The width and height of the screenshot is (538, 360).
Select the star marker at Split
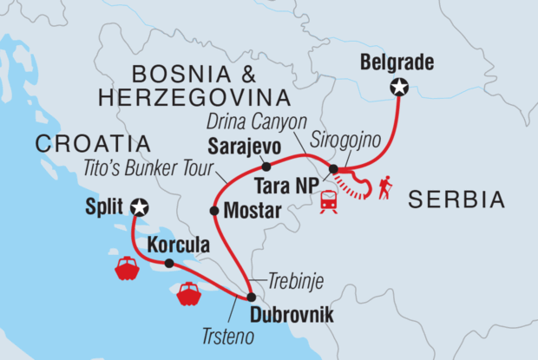(x=138, y=206)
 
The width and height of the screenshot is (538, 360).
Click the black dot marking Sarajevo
(x=266, y=167)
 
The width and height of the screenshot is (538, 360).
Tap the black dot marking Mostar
(x=214, y=210)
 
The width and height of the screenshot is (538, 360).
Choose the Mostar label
(x=253, y=210)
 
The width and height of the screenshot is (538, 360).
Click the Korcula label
(x=178, y=246)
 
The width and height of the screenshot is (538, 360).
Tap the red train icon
(x=330, y=201)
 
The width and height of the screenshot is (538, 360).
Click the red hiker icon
(x=384, y=187)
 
